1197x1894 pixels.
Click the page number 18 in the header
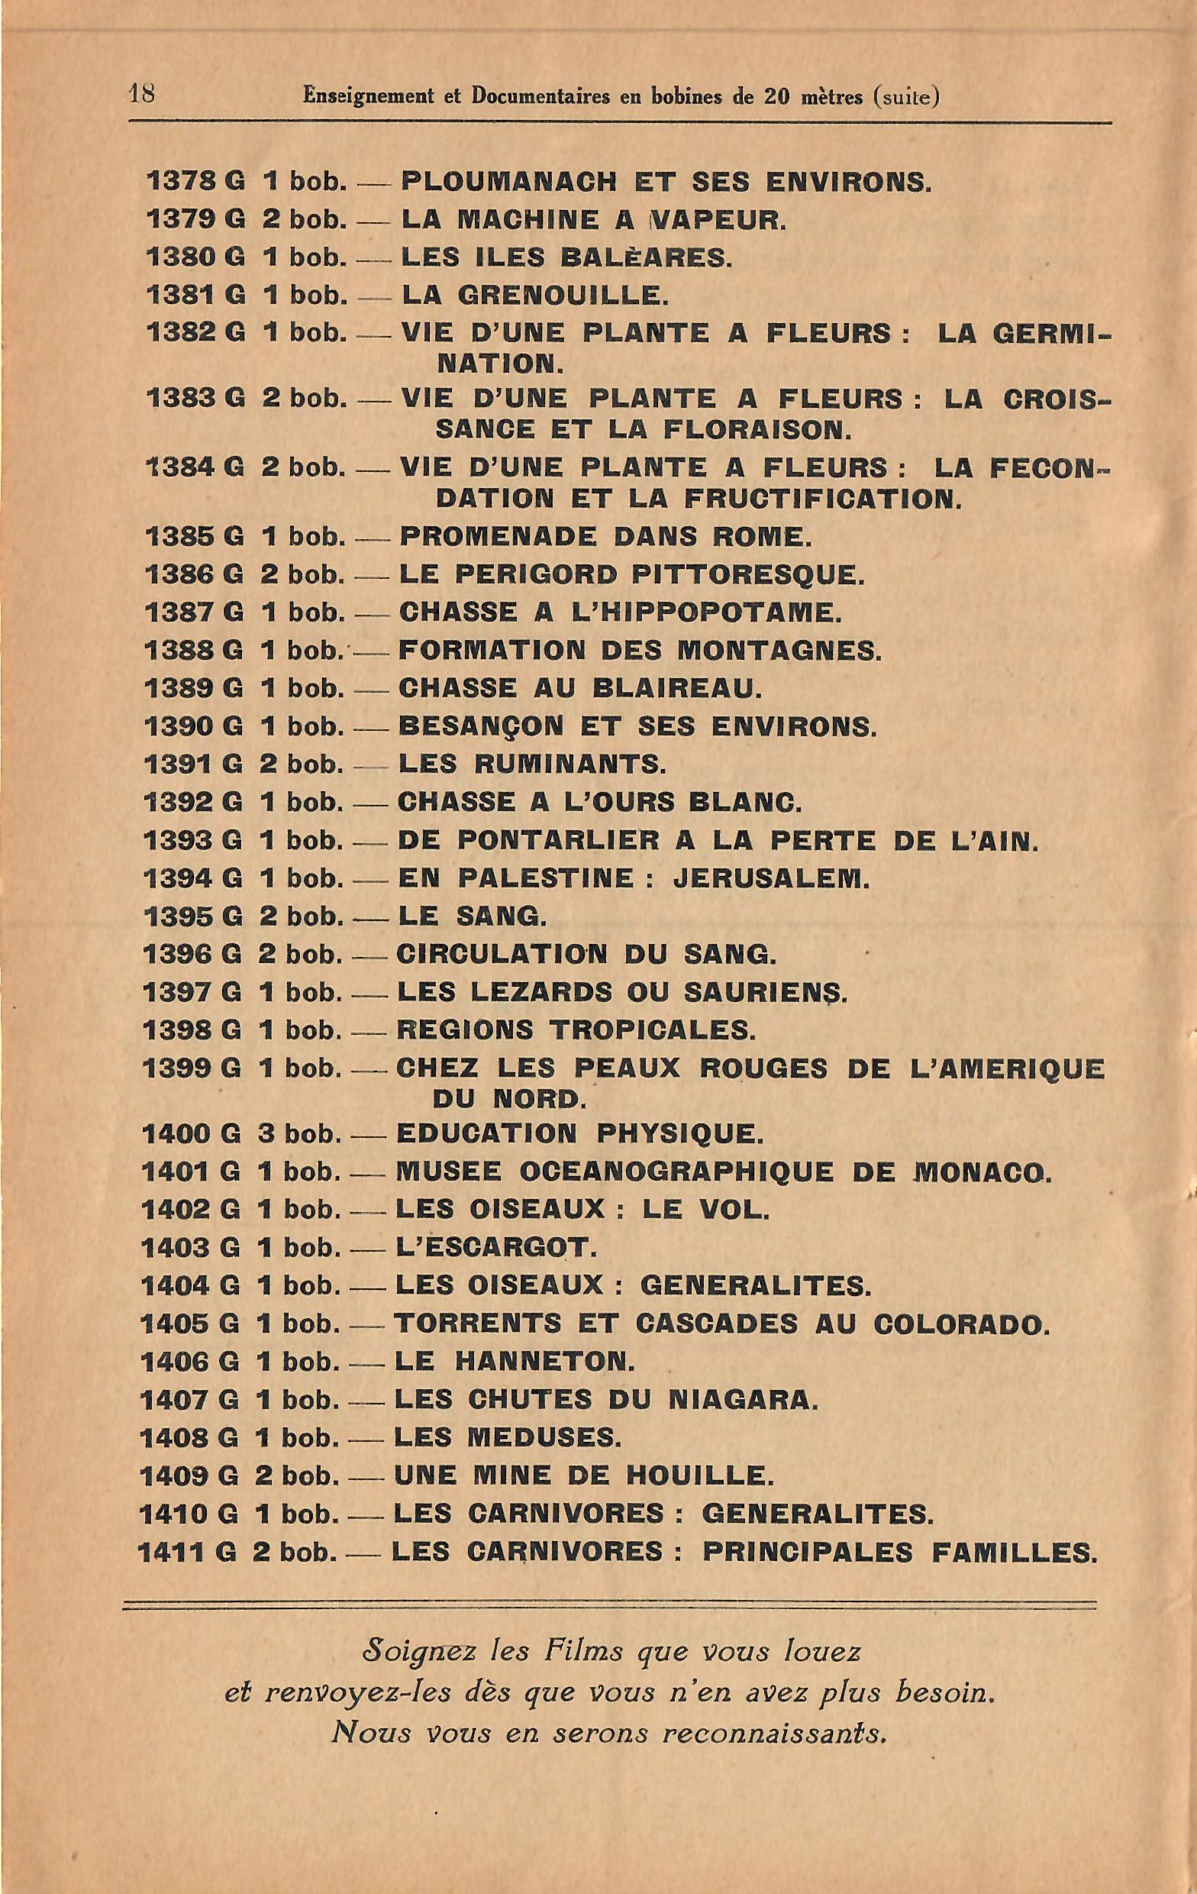tap(141, 95)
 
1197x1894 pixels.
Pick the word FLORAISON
tap(757, 430)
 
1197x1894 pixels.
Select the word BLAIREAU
tap(676, 688)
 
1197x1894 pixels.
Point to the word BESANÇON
tap(480, 726)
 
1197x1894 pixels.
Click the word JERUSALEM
tap(771, 878)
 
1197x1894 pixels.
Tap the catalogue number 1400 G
tap(190, 1134)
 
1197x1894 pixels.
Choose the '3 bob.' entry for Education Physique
tap(298, 1134)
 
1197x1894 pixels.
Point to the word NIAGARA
tap(743, 1400)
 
